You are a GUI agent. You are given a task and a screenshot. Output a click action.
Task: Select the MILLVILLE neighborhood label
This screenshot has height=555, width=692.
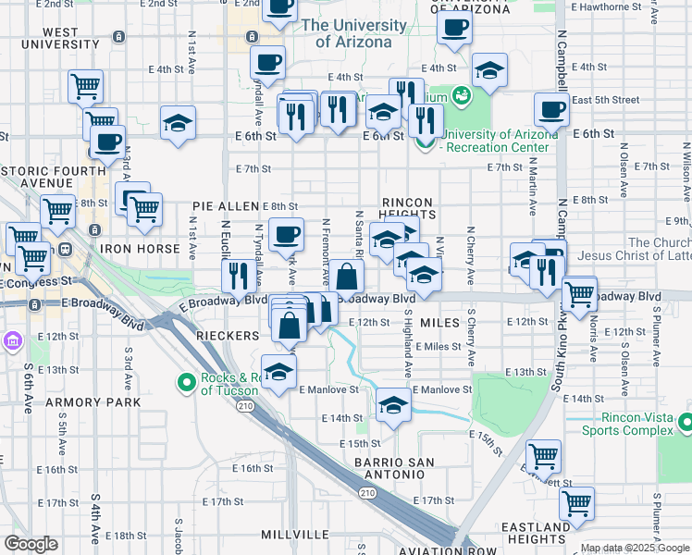[294, 535]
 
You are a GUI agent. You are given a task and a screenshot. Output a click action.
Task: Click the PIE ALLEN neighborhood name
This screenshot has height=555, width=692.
[225, 205]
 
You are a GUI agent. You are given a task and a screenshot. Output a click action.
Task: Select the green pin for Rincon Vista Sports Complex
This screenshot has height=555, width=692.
[685, 423]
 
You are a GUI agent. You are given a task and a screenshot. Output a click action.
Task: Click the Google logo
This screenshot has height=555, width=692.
[31, 543]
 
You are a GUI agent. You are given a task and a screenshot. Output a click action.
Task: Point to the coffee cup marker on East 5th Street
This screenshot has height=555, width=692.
[551, 110]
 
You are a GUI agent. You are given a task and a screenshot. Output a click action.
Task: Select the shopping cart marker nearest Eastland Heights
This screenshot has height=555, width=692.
[576, 504]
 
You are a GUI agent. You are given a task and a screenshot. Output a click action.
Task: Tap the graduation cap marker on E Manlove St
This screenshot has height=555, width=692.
[394, 405]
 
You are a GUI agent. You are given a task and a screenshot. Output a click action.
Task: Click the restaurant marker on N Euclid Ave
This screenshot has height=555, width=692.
[239, 275]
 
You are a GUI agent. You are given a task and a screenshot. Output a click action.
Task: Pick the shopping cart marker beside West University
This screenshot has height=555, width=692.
[84, 87]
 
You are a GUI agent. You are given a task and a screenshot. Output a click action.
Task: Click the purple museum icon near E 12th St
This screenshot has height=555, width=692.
[12, 342]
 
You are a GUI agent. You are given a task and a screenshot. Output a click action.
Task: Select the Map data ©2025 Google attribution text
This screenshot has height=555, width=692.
[635, 548]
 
